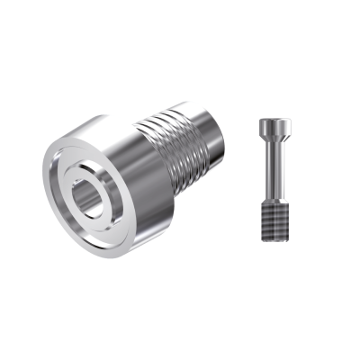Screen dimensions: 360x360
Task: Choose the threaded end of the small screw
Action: click(274, 217)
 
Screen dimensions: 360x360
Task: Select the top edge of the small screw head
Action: click(274, 118)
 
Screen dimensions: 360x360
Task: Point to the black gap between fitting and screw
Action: click(238, 180)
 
